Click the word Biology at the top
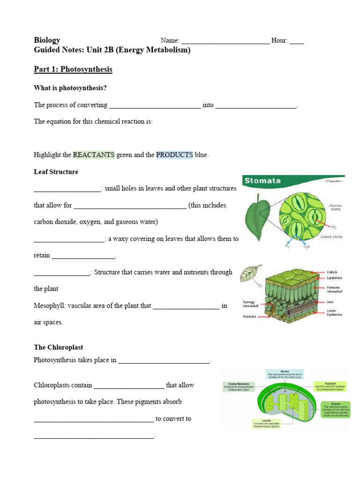click(x=47, y=40)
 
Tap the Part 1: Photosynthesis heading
click(x=73, y=69)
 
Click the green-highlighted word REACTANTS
click(x=94, y=155)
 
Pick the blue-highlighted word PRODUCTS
click(x=174, y=155)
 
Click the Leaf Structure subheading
click(x=56, y=172)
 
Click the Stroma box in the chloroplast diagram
click(x=285, y=374)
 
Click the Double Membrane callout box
click(x=239, y=386)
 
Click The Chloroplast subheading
click(x=58, y=347)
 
